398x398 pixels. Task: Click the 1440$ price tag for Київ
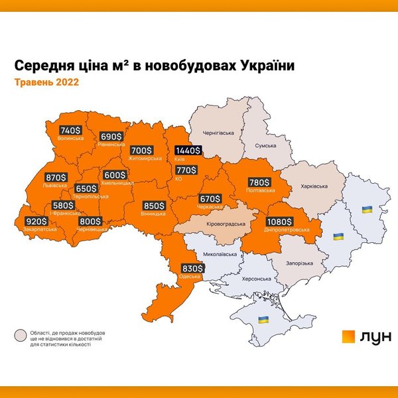(x=188, y=151)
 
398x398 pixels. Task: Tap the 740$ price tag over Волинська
(x=70, y=131)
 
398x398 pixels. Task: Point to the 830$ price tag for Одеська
(x=192, y=268)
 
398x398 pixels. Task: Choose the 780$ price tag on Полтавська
(x=259, y=182)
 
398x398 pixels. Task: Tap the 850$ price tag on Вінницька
(x=154, y=206)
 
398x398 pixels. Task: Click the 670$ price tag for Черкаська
(x=210, y=198)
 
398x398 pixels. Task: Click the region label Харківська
(x=312, y=186)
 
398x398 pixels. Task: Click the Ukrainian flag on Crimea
(x=263, y=320)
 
